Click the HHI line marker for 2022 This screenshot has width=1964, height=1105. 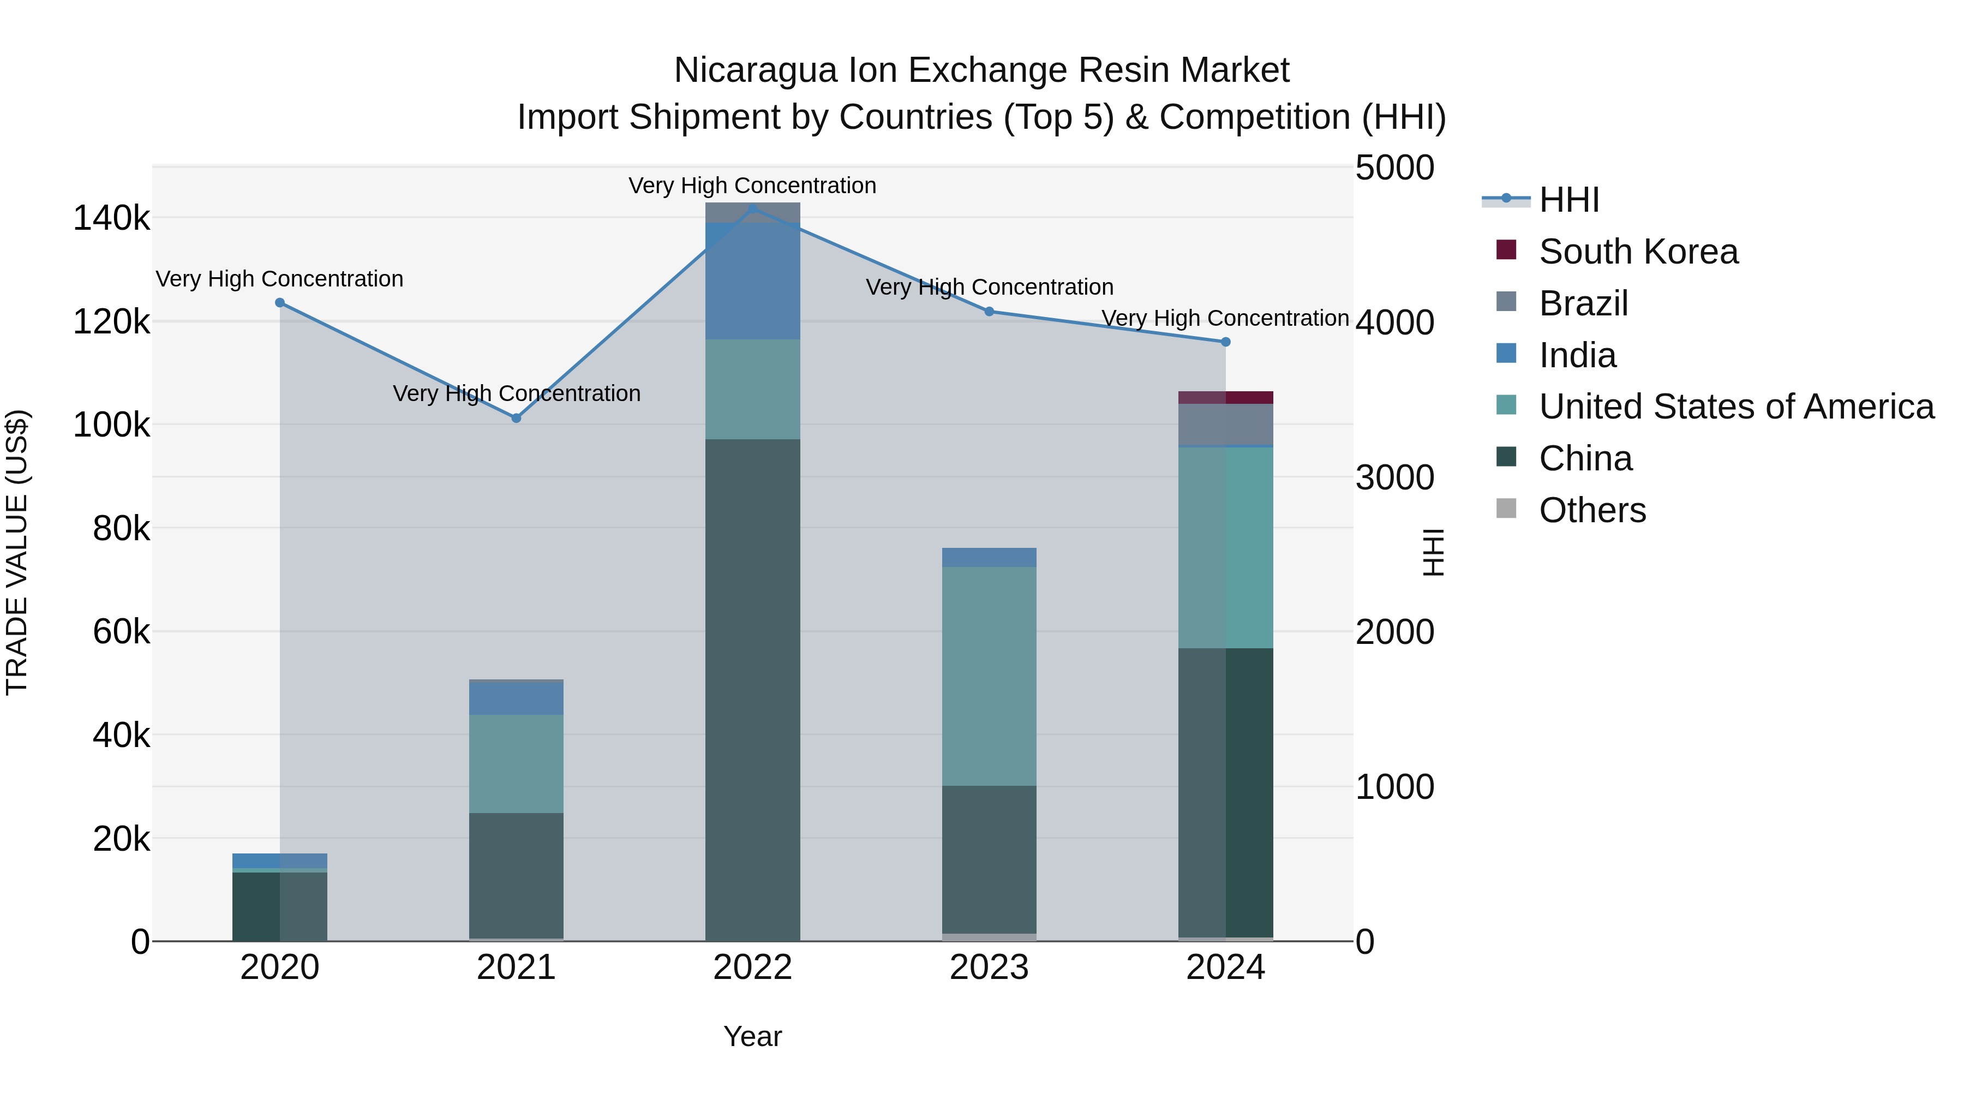click(752, 208)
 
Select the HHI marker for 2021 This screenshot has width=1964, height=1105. click(516, 418)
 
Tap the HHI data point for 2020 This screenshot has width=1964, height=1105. click(280, 303)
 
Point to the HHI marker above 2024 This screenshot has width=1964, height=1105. click(1225, 342)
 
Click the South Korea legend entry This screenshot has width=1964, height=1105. click(1638, 252)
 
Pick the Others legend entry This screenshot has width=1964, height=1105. click(1592, 510)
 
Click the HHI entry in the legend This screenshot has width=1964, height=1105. click(1568, 200)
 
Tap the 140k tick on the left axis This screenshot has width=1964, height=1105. click(111, 219)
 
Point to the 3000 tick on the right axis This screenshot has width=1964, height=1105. click(1394, 478)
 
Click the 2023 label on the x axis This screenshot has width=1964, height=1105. click(989, 967)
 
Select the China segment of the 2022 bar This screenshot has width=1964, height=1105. click(752, 686)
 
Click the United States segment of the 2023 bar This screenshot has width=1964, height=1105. click(989, 675)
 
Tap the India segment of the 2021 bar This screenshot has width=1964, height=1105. click(516, 697)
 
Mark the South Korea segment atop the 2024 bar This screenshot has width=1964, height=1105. click(1225, 397)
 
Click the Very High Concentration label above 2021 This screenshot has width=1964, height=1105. click(516, 393)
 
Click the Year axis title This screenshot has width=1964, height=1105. click(752, 1036)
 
